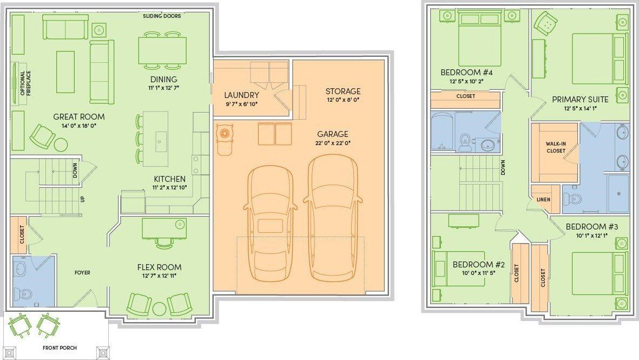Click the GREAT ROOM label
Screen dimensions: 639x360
coord(79,116)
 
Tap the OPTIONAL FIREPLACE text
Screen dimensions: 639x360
coord(25,83)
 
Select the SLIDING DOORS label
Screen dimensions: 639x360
coord(162,16)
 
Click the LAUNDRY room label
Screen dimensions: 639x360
coord(242,95)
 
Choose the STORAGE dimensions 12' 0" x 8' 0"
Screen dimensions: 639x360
coord(342,100)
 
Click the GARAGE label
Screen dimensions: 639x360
coord(333,134)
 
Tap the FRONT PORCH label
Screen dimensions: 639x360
coord(60,348)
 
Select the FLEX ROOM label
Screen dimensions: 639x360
coord(159,267)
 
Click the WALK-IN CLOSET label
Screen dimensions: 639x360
coord(556,147)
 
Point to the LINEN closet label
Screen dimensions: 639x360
coord(544,199)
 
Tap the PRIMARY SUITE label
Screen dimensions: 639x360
coord(580,100)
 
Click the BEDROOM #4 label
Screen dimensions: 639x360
coord(466,73)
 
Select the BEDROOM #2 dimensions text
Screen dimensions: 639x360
coord(478,273)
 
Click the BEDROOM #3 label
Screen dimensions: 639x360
coord(592,227)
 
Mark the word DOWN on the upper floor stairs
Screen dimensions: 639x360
coord(503,168)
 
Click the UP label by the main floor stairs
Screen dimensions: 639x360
coord(83,199)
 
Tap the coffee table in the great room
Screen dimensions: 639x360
coord(65,72)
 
